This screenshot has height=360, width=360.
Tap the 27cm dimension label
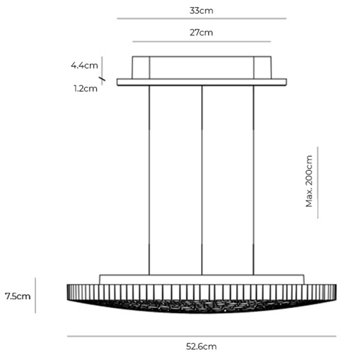click(201, 33)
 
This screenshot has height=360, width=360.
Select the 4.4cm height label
click(84, 66)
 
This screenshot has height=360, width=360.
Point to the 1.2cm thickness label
click(85, 88)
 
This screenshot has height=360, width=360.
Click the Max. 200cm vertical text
click(309, 182)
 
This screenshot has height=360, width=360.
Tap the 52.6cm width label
click(201, 346)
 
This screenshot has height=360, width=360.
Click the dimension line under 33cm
click(201, 19)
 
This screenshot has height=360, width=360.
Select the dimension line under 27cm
click(201, 42)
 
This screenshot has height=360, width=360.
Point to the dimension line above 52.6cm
click(201, 336)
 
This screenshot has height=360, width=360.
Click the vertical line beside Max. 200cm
click(318, 182)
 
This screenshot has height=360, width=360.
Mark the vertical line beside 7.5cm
click(36, 295)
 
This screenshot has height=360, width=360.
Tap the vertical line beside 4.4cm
click(102, 66)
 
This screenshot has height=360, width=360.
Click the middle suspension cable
click(202, 180)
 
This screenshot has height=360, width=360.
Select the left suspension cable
click(149, 180)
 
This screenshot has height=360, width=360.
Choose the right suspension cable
click(254, 180)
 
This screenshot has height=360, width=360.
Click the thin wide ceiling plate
click(202, 82)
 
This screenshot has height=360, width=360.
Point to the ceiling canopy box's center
click(202, 67)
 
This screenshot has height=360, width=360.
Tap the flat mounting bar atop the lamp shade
click(202, 279)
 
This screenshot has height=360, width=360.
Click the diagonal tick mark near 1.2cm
click(103, 81)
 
